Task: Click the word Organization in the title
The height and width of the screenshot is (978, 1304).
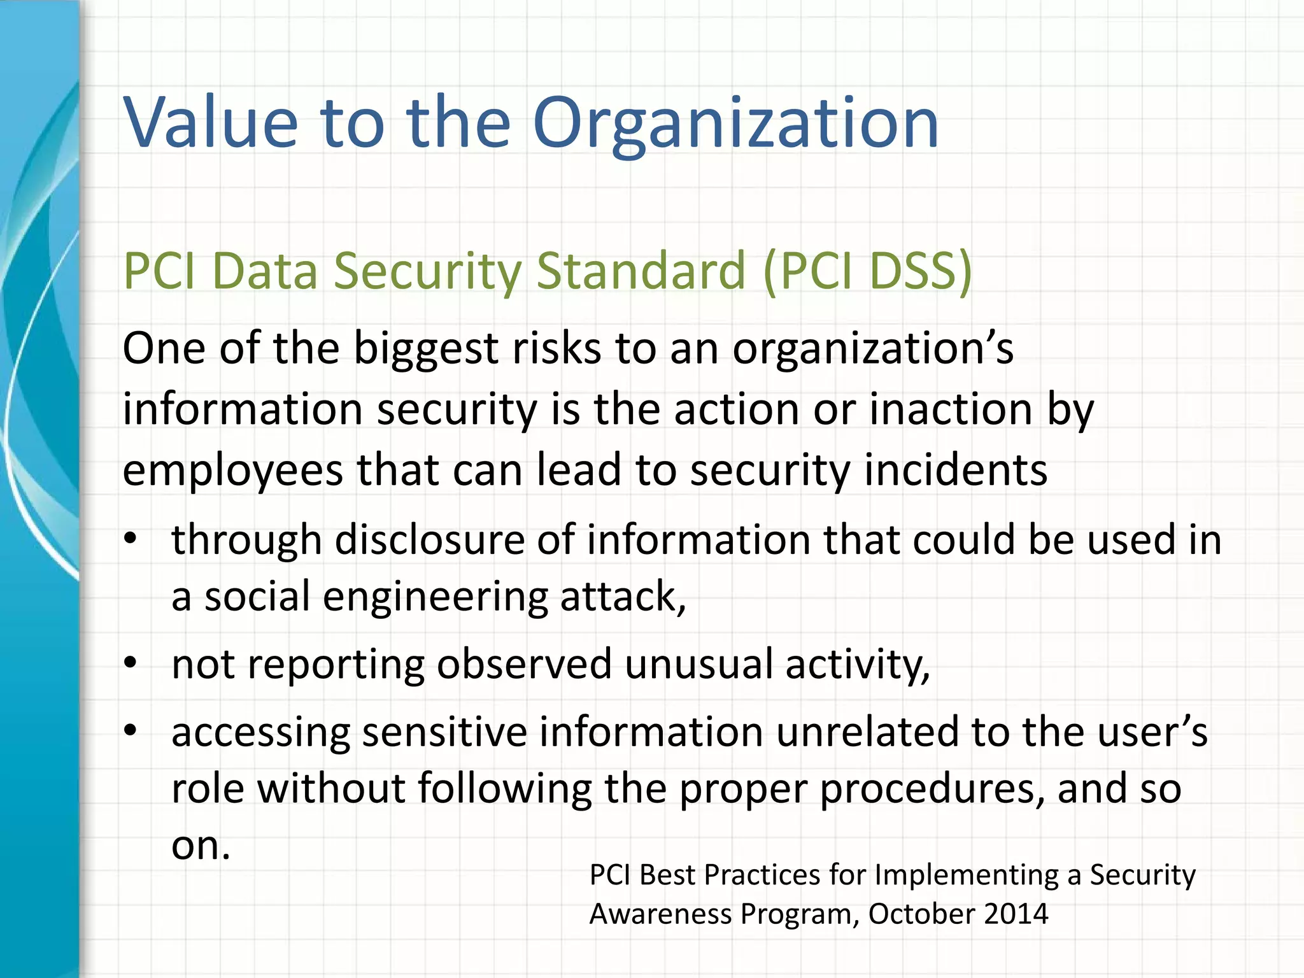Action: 735,122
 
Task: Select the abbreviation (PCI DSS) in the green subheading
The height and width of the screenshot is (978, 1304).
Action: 867,271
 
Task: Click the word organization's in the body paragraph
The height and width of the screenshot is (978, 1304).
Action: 872,350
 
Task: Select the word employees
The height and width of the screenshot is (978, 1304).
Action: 233,471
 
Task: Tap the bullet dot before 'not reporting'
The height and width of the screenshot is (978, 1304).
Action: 131,663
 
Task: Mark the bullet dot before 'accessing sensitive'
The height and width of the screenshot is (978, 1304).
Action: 131,731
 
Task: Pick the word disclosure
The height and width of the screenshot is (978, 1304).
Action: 429,540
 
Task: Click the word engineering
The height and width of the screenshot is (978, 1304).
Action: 435,598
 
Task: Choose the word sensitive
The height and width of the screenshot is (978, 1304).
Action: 444,732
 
